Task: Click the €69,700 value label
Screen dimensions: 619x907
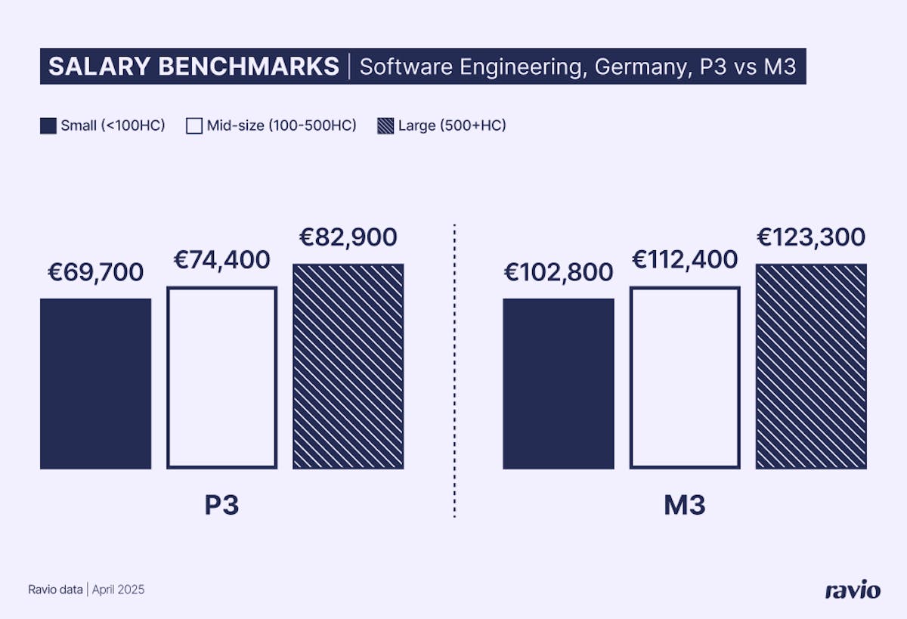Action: (x=95, y=272)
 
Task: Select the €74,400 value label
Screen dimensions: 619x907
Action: (x=221, y=260)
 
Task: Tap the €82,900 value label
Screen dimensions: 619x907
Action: (x=348, y=237)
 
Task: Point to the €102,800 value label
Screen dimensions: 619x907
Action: (x=559, y=272)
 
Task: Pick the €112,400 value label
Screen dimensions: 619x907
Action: (x=685, y=260)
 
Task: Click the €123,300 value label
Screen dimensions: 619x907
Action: (x=811, y=237)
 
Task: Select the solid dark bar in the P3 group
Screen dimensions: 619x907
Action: (x=95, y=383)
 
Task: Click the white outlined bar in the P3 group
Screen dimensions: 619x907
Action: (x=221, y=377)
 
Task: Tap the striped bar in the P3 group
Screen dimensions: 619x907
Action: (x=348, y=367)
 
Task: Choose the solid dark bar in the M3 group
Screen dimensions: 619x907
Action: (x=559, y=383)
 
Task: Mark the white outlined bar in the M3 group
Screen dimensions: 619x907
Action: (x=685, y=377)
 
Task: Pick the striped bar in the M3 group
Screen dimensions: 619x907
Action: (x=811, y=367)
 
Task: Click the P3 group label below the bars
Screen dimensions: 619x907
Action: (x=221, y=505)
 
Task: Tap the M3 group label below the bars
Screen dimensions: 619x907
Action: (x=685, y=505)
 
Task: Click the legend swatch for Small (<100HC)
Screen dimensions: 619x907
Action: (x=48, y=125)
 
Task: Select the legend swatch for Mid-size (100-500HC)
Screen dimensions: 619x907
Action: (x=193, y=125)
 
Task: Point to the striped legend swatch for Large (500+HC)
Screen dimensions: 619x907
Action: (x=385, y=125)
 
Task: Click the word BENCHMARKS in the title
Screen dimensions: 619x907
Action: (x=249, y=67)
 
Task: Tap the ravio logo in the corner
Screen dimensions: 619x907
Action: (x=852, y=590)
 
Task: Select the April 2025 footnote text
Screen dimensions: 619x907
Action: (x=119, y=590)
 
